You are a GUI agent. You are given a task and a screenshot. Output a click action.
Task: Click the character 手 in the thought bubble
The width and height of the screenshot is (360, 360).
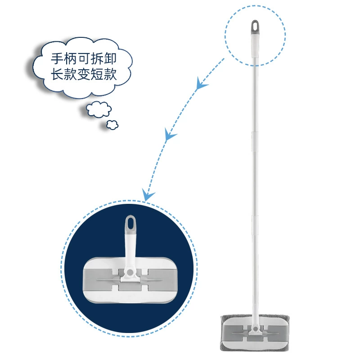coord(57,59)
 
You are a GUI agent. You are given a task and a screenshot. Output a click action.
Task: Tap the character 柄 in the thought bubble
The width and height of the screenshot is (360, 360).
coord(70,59)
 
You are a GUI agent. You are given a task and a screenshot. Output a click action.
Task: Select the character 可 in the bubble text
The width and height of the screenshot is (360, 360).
coord(84,59)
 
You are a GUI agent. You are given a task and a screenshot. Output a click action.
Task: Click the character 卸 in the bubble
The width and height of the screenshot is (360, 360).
coord(110,59)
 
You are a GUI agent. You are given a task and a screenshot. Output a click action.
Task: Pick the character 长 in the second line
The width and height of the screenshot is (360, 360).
coord(57,74)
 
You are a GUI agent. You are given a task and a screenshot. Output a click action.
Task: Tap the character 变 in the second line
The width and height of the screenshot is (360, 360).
coord(84,74)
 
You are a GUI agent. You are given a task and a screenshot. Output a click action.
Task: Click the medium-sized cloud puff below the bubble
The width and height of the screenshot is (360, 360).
coord(99,109)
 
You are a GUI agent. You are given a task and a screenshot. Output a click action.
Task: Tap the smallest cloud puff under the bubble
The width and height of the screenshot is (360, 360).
coord(112,125)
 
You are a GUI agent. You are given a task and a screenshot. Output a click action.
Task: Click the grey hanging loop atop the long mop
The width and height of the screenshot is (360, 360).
coord(255,27)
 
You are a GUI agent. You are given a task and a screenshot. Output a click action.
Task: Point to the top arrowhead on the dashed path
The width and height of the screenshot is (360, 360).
coord(201,84)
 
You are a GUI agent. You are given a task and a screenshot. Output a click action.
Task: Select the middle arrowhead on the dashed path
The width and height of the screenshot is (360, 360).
coord(170,134)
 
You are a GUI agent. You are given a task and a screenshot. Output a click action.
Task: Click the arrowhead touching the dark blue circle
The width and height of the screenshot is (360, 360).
coord(147,195)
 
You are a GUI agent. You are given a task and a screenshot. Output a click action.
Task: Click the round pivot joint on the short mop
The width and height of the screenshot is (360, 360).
coord(130,272)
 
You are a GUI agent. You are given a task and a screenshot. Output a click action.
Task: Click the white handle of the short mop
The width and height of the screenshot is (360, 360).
coord(130,250)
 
